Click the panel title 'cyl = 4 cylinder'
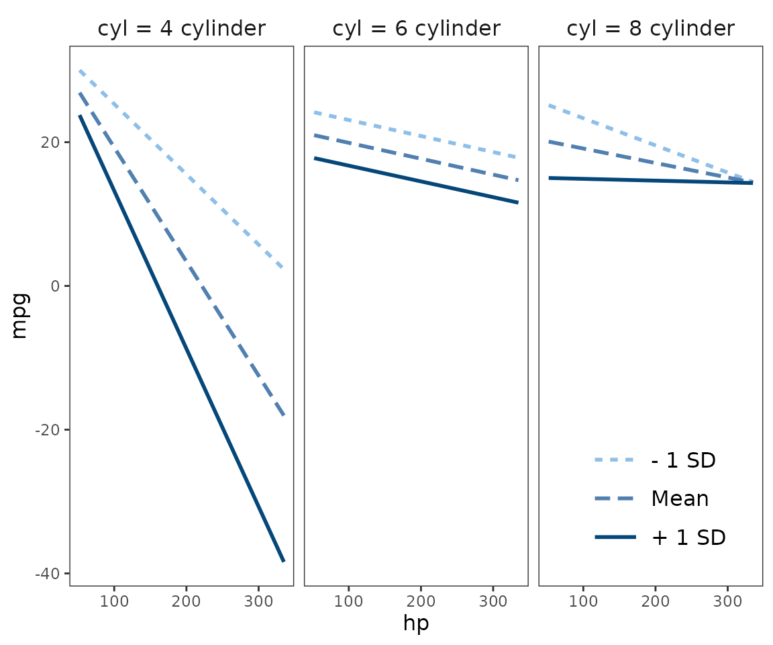pos(181,29)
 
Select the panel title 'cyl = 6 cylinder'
pos(416,29)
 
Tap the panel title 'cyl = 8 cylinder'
pos(650,29)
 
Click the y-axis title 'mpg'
pos(19,315)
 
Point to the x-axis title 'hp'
pos(416,623)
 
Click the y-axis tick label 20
pos(52,142)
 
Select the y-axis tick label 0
pos(56,286)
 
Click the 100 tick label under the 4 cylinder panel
pos(114,599)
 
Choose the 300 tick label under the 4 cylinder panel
pos(258,599)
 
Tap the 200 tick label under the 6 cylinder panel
pos(421,599)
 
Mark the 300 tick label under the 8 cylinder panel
pos(727,599)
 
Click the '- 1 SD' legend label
pos(683,460)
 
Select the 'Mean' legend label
pos(680,499)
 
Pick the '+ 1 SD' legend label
pos(688,537)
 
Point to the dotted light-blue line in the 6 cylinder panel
pos(416,135)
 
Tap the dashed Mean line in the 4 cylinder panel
pos(181,255)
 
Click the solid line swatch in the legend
pos(614,537)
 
